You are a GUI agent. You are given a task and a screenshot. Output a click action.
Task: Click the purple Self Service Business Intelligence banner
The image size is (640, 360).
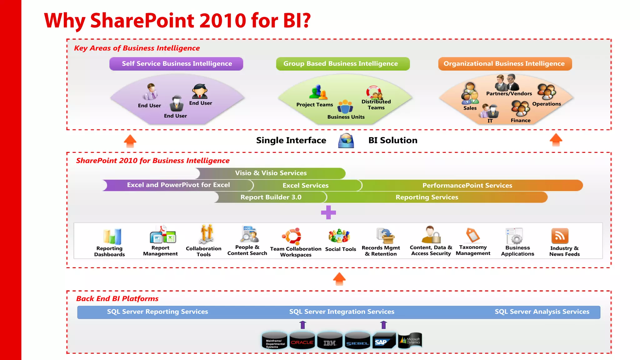pos(176,64)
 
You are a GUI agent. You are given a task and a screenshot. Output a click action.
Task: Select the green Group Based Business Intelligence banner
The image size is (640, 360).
pos(342,64)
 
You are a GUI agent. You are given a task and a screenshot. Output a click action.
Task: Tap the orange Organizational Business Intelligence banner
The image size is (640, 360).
pos(505,64)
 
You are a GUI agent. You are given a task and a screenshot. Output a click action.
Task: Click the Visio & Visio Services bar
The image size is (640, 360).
pos(271,173)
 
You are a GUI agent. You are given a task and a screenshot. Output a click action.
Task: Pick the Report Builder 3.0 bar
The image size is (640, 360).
pos(271,197)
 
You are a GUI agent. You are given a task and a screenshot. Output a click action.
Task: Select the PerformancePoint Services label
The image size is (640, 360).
pos(467,185)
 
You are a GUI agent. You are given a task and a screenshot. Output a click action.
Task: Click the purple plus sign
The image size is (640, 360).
pos(328,212)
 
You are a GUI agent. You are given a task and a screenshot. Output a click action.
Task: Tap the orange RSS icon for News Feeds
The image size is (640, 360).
pos(560,236)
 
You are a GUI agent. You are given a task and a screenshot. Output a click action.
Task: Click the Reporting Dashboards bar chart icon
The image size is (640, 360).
pos(112,237)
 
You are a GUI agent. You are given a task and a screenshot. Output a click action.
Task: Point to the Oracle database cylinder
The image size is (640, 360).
pos(302,341)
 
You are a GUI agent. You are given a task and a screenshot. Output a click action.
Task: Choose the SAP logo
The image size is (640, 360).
pos(382,342)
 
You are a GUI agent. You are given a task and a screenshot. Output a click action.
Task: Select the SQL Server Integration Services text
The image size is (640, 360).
pos(342,312)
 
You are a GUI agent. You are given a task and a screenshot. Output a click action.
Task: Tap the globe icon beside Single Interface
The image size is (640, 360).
pos(346,141)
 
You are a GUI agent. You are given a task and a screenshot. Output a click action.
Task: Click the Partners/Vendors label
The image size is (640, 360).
pos(509,93)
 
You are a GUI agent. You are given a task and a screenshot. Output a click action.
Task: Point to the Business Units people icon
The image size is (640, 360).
pos(345,107)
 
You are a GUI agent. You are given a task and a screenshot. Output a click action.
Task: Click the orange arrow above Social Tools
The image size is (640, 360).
pos(339,279)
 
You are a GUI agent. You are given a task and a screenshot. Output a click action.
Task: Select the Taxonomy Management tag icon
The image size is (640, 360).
pos(472,235)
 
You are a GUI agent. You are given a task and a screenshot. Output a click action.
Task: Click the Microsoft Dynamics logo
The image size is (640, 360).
pos(410,341)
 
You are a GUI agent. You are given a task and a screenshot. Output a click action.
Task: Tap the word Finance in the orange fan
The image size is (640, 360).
pos(520,120)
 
